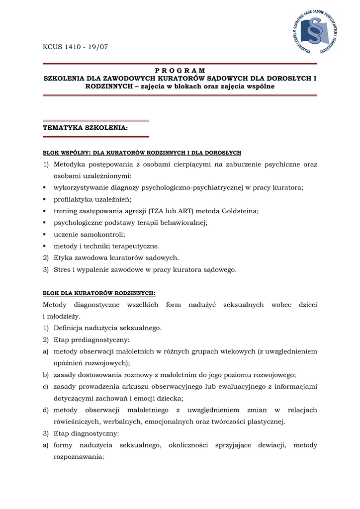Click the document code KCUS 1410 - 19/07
tap(75, 47)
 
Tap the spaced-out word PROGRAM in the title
tap(180, 71)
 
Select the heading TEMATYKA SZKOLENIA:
tap(86, 128)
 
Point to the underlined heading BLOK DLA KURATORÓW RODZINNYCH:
tap(99, 293)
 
